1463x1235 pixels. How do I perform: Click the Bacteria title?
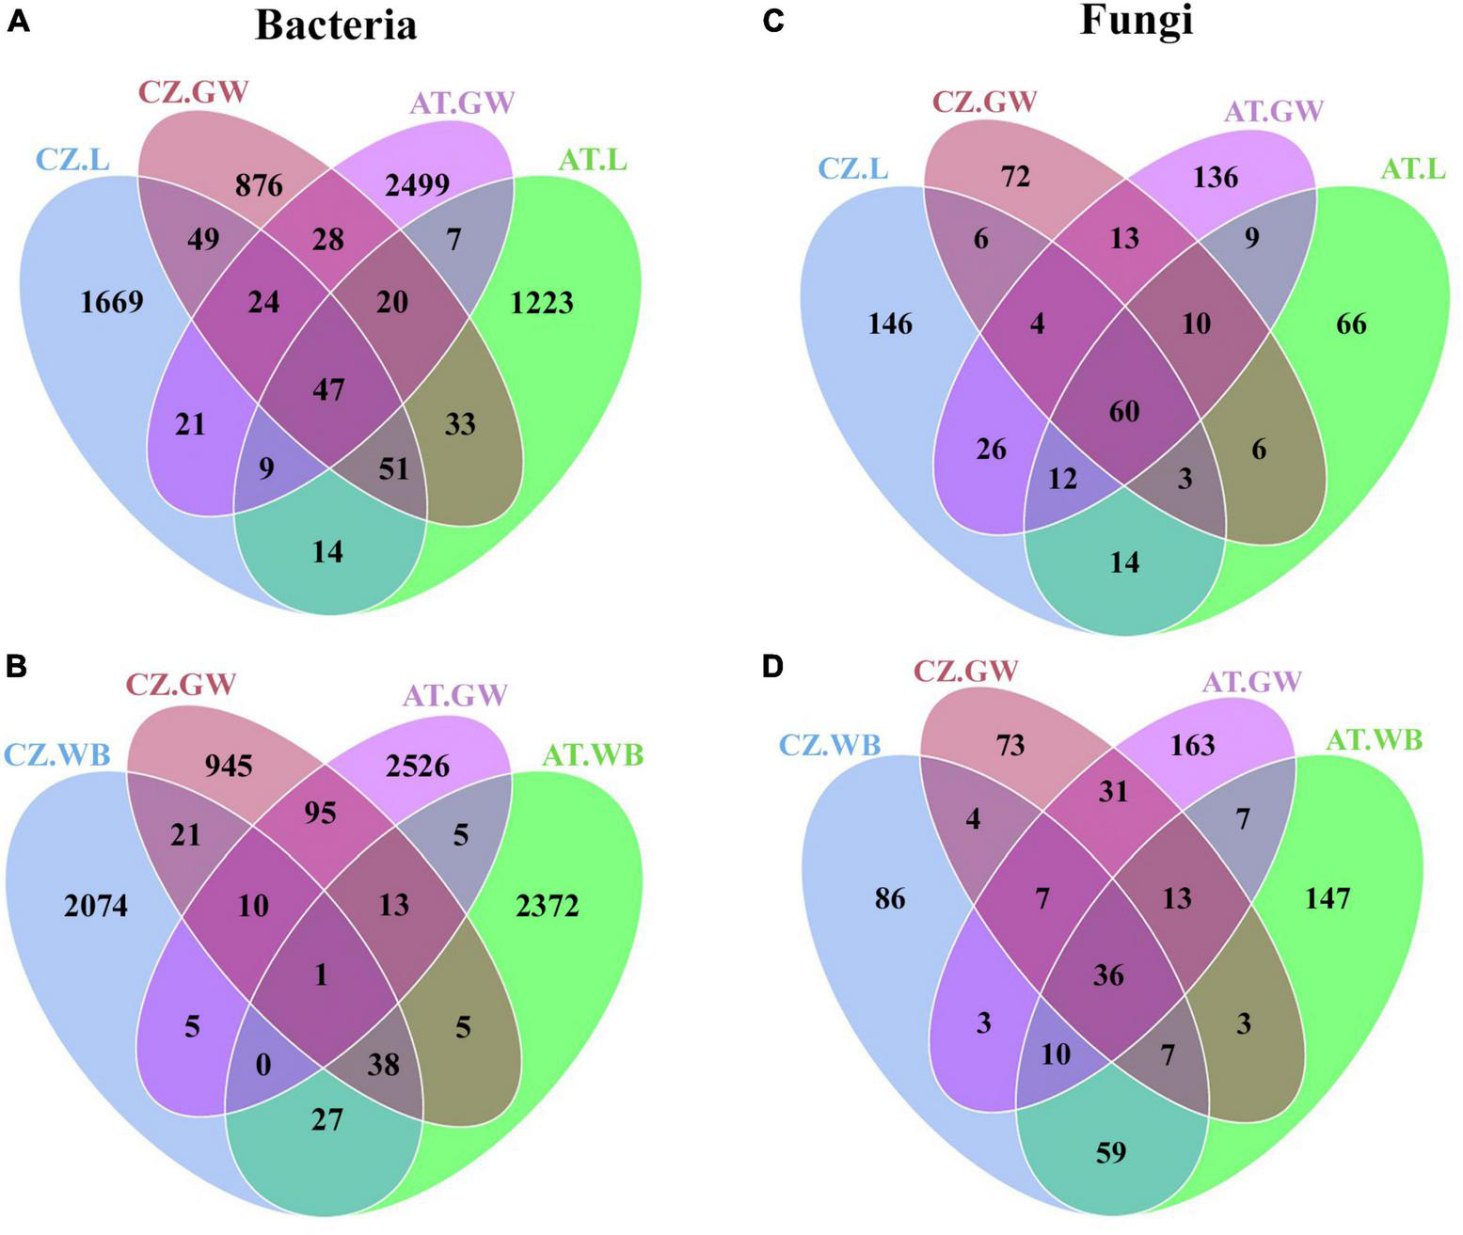click(x=336, y=25)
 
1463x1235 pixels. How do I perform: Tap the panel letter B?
click(x=17, y=667)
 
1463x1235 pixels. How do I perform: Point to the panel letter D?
click(x=771, y=667)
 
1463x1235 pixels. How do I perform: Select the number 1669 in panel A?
click(x=112, y=302)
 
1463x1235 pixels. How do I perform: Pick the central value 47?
click(x=327, y=388)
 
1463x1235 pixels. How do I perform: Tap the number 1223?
click(x=541, y=302)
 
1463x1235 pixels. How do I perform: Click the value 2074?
click(x=96, y=906)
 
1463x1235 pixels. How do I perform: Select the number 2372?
click(x=547, y=906)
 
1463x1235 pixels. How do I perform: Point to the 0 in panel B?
click(x=263, y=1064)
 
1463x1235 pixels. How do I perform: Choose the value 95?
click(x=320, y=812)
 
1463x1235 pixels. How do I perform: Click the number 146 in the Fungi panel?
click(x=890, y=324)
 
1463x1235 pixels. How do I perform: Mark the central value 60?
click(x=1124, y=411)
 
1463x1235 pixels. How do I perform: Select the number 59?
click(x=1111, y=1152)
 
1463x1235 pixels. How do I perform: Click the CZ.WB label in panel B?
click(x=58, y=754)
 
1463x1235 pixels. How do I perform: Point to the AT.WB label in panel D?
click(x=1374, y=740)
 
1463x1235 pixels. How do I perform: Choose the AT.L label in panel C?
click(x=1413, y=168)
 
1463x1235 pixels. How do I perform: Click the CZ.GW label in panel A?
click(x=194, y=92)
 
